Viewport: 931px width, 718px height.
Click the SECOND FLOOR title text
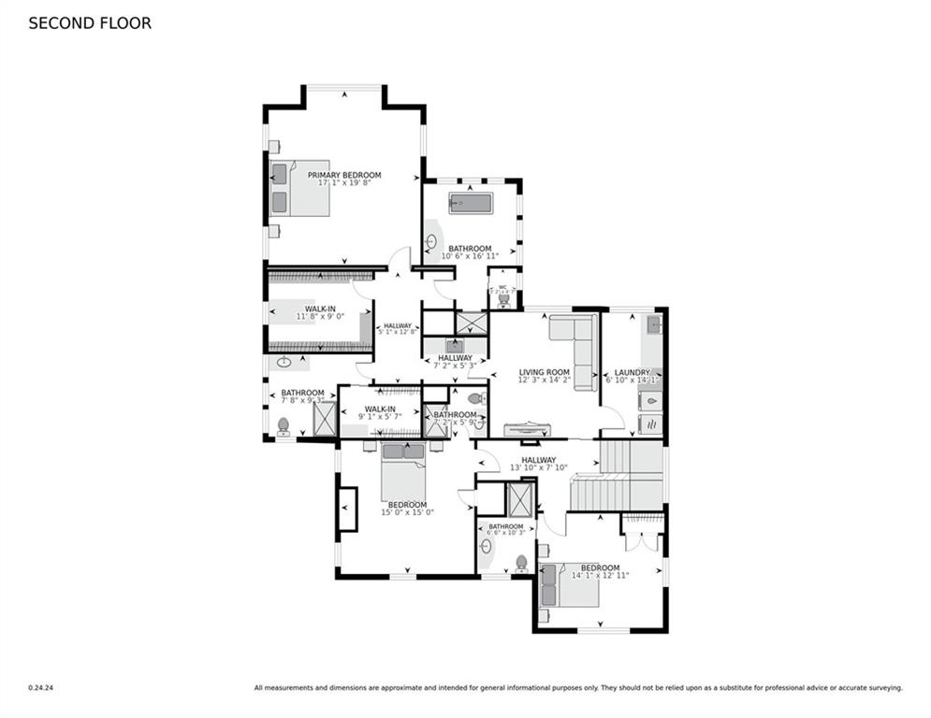tap(90, 23)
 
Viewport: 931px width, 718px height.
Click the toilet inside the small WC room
tap(502, 301)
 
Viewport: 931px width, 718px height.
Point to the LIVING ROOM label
tap(544, 373)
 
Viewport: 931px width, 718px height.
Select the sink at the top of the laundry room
tap(653, 324)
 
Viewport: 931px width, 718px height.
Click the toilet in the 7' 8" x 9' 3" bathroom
tap(283, 426)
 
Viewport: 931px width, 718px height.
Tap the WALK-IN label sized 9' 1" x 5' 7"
tap(380, 409)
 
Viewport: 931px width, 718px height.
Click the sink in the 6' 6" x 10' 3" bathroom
tap(486, 546)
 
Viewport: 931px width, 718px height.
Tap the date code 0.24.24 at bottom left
tap(40, 688)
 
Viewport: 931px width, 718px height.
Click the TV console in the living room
tap(532, 430)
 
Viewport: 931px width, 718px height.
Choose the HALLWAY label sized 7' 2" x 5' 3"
tap(455, 358)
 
